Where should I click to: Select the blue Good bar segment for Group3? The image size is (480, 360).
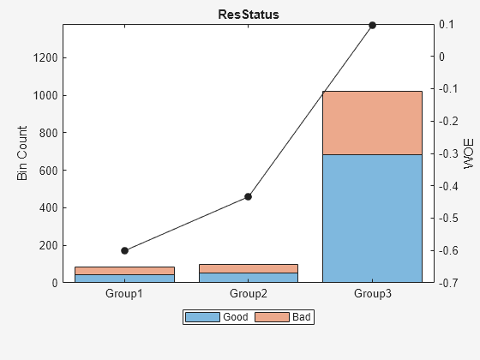(372, 218)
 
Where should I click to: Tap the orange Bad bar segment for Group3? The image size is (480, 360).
(372, 123)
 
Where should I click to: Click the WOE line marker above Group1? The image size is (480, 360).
(124, 250)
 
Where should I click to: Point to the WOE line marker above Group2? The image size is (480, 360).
(249, 196)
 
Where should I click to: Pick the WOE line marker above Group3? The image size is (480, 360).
(372, 25)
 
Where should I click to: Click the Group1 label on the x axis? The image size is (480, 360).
(124, 294)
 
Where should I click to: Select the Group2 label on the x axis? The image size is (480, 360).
(249, 294)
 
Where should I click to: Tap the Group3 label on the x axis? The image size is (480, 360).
(372, 294)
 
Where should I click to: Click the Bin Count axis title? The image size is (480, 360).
(23, 153)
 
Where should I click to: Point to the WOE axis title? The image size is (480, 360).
(469, 153)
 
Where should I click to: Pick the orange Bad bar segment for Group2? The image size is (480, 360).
(249, 268)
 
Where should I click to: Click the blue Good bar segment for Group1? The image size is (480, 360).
(124, 279)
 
